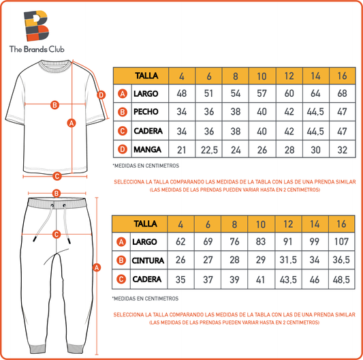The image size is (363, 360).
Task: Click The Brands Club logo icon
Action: (x=36, y=26)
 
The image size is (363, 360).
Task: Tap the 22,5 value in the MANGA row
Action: (x=209, y=150)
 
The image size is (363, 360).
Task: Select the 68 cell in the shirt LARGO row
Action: (x=342, y=93)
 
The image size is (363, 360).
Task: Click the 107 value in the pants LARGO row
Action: (x=341, y=241)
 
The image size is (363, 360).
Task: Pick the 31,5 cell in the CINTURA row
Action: (x=288, y=260)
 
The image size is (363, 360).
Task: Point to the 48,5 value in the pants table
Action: (x=341, y=280)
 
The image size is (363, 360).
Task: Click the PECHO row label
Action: (x=146, y=112)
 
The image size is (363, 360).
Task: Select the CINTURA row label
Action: (x=148, y=260)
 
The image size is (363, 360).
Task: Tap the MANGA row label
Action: (x=147, y=149)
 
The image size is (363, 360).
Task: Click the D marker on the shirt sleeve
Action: (x=101, y=95)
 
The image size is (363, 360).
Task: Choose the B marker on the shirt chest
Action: (x=54, y=105)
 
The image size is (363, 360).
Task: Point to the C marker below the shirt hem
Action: (x=57, y=176)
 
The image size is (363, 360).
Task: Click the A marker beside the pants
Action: (x=97, y=267)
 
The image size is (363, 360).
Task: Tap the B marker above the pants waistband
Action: (x=57, y=194)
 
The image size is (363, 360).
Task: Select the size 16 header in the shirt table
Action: (x=342, y=76)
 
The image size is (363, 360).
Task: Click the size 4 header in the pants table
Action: (x=180, y=224)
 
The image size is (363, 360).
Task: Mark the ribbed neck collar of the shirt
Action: (x=55, y=67)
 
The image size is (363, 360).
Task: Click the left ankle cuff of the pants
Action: (x=37, y=349)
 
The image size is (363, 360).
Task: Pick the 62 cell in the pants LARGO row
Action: (x=180, y=241)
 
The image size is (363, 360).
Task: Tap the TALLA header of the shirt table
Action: (x=146, y=76)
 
